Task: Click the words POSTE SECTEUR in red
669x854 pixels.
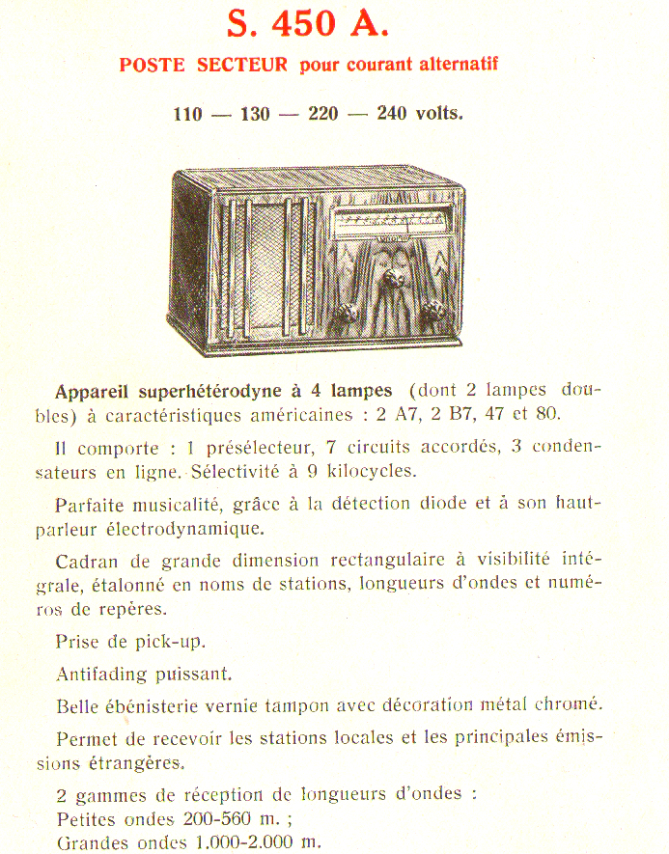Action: [x=204, y=66]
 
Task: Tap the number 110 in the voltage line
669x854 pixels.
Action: [x=188, y=114]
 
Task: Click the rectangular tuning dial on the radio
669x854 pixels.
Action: [x=386, y=224]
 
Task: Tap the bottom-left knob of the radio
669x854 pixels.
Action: [x=348, y=314]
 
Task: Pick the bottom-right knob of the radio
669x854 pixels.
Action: [x=433, y=311]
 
